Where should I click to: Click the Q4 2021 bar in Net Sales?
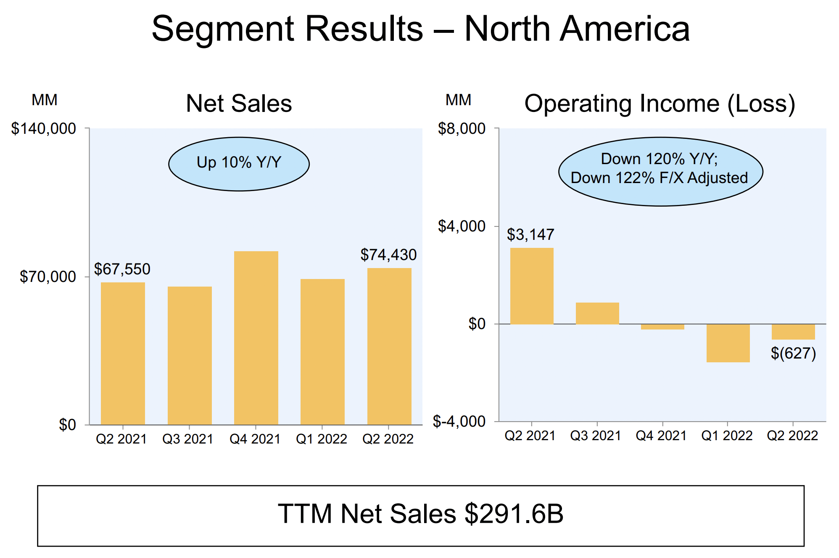pos(256,337)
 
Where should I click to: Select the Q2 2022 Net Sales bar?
pos(389,346)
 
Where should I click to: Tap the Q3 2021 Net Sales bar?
pos(190,355)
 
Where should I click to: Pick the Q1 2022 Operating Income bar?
pos(728,343)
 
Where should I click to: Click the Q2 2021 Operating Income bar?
pos(532,286)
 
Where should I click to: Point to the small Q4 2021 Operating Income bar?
pos(662,327)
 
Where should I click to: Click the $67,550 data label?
pos(122,269)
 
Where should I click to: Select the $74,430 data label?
pos(388,255)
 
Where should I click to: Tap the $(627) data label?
pos(793,353)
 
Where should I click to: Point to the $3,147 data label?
pos(530,234)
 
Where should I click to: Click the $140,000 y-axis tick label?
pos(44,128)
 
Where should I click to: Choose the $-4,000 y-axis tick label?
pos(459,421)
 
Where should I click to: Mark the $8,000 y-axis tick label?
pos(462,128)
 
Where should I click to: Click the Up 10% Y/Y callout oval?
pos(239,163)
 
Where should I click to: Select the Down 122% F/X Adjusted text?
pos(659,178)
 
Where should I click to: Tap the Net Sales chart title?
pos(239,104)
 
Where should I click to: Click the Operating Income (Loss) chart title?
pos(660,104)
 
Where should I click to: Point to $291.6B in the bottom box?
pos(514,514)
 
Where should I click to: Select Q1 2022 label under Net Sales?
pos(322,439)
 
